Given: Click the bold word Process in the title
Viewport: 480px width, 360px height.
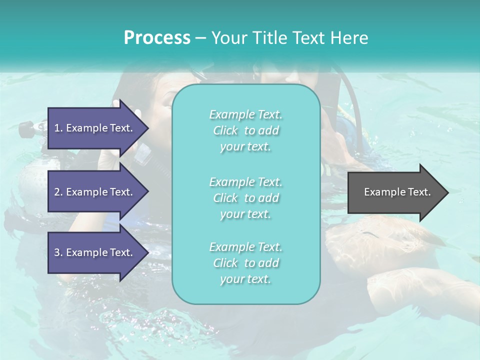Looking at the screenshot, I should (x=157, y=38).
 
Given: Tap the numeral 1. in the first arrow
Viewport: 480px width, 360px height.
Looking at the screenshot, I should (x=58, y=128).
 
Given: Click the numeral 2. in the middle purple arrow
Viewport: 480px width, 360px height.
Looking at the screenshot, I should (x=58, y=192).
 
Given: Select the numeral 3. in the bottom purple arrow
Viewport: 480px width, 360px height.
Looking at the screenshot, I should (x=58, y=252).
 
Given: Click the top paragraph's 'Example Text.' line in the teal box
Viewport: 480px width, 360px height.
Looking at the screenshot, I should (x=245, y=115).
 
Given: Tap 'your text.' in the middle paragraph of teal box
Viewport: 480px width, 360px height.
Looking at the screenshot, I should (x=245, y=214).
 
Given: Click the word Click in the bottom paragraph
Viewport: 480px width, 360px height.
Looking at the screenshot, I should (x=225, y=263).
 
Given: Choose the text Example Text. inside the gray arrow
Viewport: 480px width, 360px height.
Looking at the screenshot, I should (x=397, y=192).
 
